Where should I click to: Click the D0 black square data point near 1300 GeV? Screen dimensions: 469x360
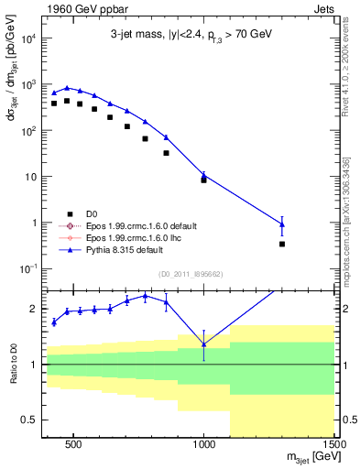pyautogui.click(x=282, y=244)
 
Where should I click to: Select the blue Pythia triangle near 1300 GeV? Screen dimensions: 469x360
pyautogui.click(x=282, y=224)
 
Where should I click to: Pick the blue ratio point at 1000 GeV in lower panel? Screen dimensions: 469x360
pyautogui.click(x=203, y=344)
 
